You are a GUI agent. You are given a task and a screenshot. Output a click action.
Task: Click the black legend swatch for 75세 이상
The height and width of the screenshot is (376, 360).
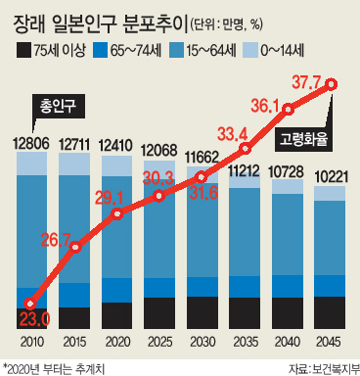[24, 50]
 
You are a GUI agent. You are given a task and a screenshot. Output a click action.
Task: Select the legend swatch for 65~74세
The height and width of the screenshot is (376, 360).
[100, 50]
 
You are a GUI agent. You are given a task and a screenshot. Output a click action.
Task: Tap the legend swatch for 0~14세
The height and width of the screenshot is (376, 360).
[249, 50]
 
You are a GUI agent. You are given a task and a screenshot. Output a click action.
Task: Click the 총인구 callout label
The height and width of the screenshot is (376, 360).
[59, 106]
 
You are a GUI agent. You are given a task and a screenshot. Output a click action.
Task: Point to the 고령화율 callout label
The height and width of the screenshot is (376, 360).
[303, 140]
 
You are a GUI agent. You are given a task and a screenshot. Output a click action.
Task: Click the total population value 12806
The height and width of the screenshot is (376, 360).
[31, 144]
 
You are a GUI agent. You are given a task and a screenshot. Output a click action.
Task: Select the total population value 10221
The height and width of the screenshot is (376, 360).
[330, 177]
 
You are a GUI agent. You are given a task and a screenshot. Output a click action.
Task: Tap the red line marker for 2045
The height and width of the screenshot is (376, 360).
[332, 84]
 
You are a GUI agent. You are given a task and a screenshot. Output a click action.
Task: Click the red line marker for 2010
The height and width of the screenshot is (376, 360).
[30, 304]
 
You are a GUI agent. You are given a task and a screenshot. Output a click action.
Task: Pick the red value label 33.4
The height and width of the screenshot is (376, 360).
[233, 134]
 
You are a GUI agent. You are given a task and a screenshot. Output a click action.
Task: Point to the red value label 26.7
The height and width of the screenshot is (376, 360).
[56, 241]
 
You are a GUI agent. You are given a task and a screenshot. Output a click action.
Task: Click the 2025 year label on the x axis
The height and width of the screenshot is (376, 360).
[159, 342]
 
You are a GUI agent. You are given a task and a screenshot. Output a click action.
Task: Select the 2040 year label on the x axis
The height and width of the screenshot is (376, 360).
[288, 342]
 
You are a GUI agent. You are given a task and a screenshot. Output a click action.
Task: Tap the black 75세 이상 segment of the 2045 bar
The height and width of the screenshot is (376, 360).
[330, 312]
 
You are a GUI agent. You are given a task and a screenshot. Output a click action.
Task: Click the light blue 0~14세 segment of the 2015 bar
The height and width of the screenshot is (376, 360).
[74, 164]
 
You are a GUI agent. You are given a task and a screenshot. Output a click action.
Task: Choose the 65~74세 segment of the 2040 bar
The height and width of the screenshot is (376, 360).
[288, 287]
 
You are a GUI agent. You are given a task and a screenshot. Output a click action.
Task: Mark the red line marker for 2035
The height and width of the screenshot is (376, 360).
[246, 149]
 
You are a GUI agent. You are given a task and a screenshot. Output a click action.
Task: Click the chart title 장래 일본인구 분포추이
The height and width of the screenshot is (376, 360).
[99, 25]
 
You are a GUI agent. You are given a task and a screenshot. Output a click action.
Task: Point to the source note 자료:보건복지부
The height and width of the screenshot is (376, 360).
[324, 369]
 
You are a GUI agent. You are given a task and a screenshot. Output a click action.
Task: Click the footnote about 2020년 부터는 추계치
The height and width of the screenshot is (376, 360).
[54, 369]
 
